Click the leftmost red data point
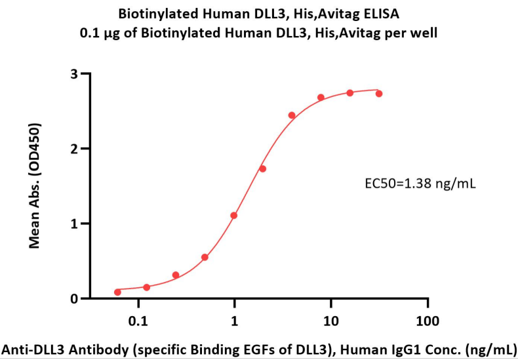117,292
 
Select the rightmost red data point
379,94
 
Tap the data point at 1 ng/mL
234,215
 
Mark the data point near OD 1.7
262,169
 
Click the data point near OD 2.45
292,115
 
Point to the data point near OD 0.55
205,257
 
